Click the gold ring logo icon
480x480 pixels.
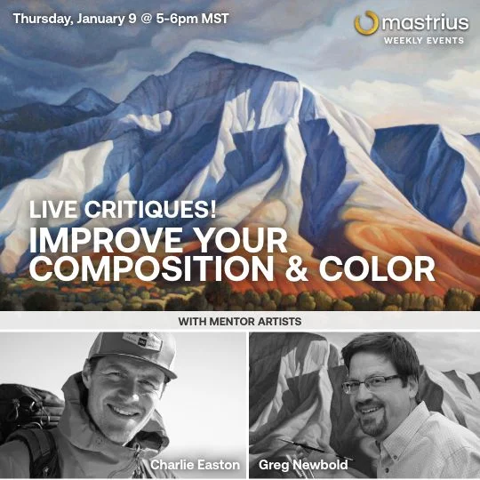coord(366,23)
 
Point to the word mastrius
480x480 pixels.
coord(426,21)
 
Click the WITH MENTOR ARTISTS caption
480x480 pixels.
coord(240,319)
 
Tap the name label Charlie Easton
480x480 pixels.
coord(195,464)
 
